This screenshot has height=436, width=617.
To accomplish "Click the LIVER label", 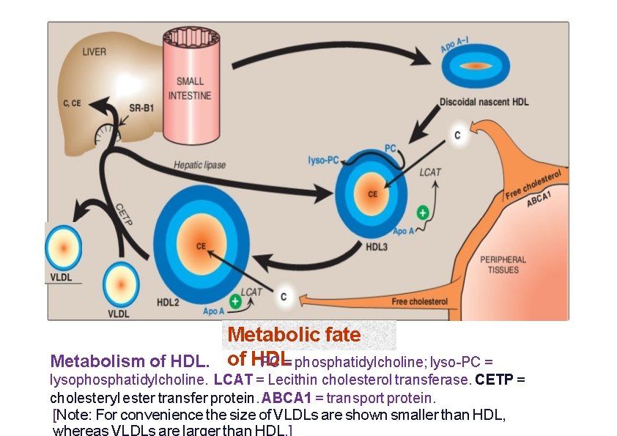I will point(94,52).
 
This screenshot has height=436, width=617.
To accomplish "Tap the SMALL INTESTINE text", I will point(190,88).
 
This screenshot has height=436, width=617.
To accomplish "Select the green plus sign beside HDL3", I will point(422,213).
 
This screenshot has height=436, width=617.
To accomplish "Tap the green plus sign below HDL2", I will point(234,300).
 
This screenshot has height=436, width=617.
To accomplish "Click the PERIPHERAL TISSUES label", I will point(503,265).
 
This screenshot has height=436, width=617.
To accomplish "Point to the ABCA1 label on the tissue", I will point(539,199).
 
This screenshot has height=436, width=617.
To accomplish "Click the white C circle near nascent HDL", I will point(457,136).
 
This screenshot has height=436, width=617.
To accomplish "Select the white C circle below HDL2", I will point(284,296).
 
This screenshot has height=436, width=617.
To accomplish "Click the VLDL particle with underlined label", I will point(64,248).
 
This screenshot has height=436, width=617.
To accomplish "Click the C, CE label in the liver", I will point(71,103).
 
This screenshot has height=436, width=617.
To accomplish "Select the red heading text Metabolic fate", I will point(294,335).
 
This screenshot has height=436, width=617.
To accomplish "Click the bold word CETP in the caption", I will point(491,380).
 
